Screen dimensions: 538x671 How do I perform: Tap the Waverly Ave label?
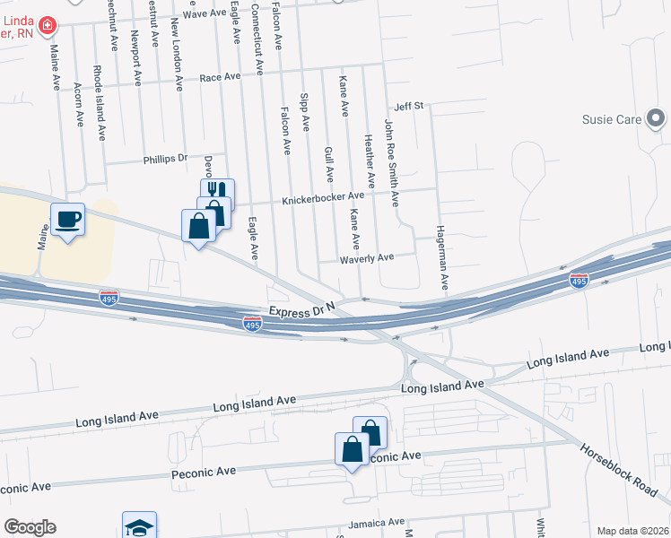click(x=366, y=257)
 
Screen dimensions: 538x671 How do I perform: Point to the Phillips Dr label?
click(x=165, y=159)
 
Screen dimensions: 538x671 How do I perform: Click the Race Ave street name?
click(x=221, y=78)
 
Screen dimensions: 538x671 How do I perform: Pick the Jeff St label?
click(x=408, y=106)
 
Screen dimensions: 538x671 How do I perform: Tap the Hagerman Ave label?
click(x=442, y=256)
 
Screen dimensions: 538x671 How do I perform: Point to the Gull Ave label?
click(x=328, y=163)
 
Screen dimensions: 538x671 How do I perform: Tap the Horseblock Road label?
click(x=619, y=471)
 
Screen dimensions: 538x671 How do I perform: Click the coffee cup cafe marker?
click(x=67, y=219)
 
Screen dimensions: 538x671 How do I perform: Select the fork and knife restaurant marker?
click(x=217, y=191)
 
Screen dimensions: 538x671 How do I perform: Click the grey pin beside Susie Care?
click(x=656, y=118)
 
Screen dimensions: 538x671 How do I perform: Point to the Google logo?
click(x=30, y=527)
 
